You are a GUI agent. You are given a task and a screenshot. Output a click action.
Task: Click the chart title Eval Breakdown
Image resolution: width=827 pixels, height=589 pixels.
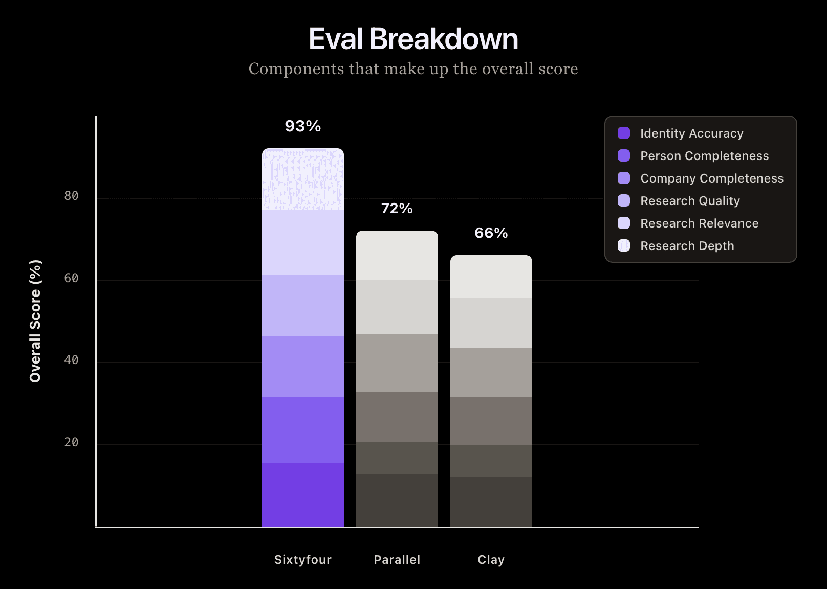coord(413,39)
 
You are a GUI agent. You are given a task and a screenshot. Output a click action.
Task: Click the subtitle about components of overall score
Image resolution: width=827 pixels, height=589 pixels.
coord(413,69)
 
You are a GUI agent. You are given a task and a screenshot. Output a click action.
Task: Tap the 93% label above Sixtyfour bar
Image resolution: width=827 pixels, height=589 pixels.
coord(303,126)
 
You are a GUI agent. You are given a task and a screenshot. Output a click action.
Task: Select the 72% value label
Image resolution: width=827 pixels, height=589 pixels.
coord(397,208)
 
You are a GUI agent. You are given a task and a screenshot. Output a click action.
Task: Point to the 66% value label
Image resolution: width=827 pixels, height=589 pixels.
coord(491,233)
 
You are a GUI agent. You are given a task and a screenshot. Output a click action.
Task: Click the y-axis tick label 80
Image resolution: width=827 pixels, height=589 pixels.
coord(72,196)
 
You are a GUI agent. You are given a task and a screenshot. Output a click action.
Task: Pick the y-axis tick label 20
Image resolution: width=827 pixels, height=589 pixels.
coord(72,442)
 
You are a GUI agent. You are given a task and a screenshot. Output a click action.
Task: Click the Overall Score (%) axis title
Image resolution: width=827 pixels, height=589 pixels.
coord(35,321)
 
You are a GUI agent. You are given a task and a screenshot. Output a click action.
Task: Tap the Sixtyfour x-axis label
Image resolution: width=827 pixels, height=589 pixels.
coord(303,560)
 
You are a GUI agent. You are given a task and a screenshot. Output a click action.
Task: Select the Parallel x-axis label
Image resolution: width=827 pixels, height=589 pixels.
coord(397,560)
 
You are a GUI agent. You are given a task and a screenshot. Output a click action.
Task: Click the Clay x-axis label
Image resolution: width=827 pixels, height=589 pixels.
coord(491,560)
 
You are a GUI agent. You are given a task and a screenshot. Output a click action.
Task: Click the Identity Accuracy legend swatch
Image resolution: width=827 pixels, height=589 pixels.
coord(624,133)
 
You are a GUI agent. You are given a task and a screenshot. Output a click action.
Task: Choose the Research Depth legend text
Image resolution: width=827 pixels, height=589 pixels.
coord(687,246)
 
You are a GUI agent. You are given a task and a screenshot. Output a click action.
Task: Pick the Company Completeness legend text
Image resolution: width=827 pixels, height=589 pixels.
coord(712,178)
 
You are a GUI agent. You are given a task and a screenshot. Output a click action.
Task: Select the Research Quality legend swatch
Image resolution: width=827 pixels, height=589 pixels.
coord(624,200)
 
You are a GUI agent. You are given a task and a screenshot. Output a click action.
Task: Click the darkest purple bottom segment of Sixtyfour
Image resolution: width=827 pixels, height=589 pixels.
coord(303,494)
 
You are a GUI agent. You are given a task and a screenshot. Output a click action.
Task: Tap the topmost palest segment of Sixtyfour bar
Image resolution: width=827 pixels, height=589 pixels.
coord(303,179)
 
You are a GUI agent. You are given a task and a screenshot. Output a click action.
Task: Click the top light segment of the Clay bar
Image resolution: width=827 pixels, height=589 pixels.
coord(491,277)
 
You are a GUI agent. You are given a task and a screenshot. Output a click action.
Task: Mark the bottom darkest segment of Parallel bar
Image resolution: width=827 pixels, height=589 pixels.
coord(397,500)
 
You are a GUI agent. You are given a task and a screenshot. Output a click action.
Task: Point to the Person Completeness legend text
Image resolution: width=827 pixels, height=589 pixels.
coord(705,156)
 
